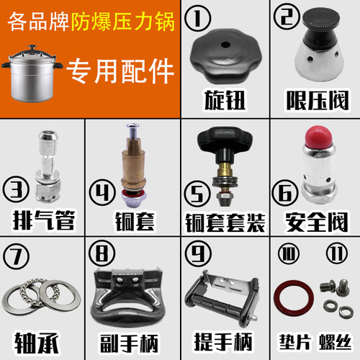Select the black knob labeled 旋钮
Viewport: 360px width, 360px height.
click(222, 58)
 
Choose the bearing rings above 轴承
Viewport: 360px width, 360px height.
click(41, 295)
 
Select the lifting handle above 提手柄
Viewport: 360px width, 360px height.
click(223, 298)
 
